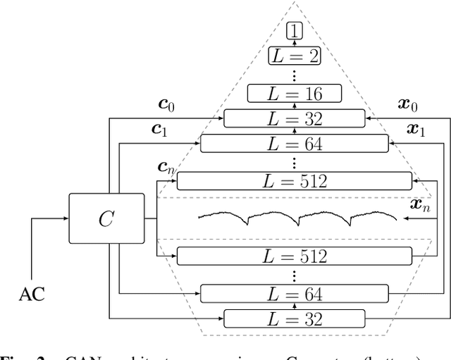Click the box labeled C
coord(105,219)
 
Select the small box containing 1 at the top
coord(294,30)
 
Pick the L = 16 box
coord(294,94)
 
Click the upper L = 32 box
coord(294,118)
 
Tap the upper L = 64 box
coord(294,144)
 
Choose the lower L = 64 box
coord(294,293)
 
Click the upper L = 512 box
coord(294,181)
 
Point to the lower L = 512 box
coord(294,256)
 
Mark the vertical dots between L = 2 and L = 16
coord(294,73)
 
